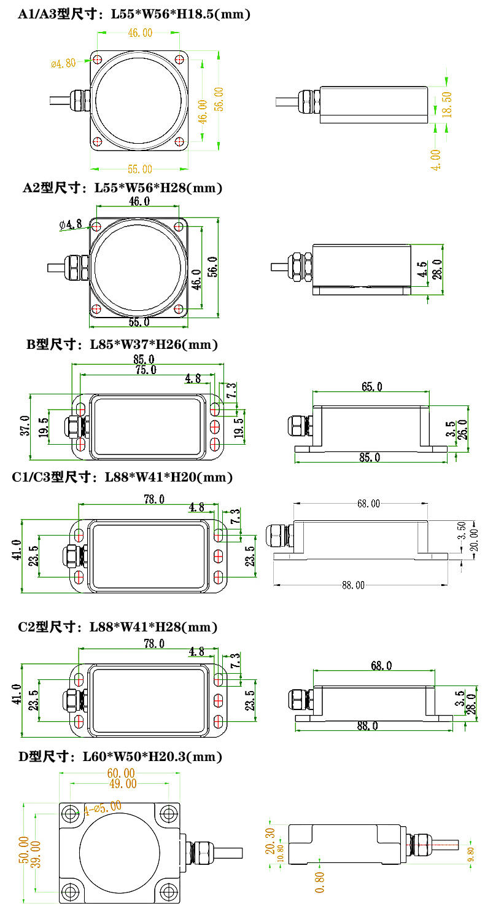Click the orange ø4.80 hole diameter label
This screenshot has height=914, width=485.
coord(63,63)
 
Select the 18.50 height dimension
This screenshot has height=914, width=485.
coord(447,104)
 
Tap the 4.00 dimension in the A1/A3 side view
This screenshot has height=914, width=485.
coord(436,159)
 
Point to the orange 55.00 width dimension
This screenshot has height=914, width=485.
coord(139,169)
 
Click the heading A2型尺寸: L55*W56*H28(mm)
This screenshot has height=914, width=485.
coord(122,188)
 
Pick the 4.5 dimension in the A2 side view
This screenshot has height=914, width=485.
coord(422,271)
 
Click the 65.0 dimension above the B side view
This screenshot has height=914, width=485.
coord(371,386)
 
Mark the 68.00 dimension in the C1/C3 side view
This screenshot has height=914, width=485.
coord(368,504)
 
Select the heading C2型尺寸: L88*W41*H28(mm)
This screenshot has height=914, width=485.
coord(118,627)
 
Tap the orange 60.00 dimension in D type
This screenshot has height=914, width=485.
coord(121,773)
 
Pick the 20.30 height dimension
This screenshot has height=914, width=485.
coord(270,841)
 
